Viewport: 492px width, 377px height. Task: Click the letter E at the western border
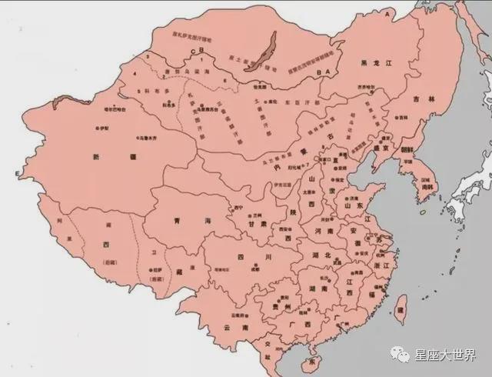coord(16,175)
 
